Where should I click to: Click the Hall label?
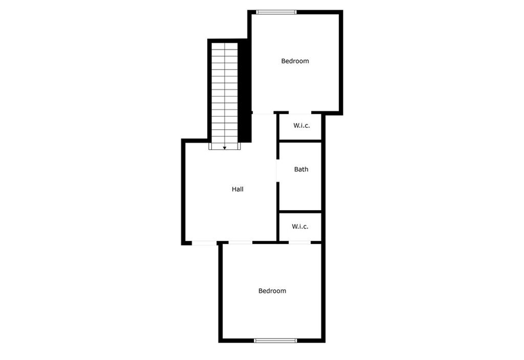[x=237, y=189]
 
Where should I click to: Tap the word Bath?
[x=301, y=169]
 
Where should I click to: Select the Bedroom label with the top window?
[x=295, y=61]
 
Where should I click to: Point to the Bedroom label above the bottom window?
[x=272, y=291]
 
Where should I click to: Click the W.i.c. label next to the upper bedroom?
[x=301, y=125]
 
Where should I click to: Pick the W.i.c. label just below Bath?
[x=300, y=226]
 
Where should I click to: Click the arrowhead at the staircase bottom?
[x=225, y=148]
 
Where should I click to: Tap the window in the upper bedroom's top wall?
[x=276, y=12]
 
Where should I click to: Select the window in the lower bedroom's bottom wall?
[x=275, y=340]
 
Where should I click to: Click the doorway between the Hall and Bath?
[x=277, y=170]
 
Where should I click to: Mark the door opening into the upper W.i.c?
[x=300, y=113]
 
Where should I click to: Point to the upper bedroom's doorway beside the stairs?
[x=264, y=113]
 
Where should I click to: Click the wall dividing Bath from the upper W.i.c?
[x=300, y=141]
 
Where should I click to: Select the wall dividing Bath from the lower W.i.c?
[x=300, y=211]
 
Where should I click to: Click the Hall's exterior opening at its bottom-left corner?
[x=204, y=242]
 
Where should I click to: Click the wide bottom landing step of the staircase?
[x=225, y=146]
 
